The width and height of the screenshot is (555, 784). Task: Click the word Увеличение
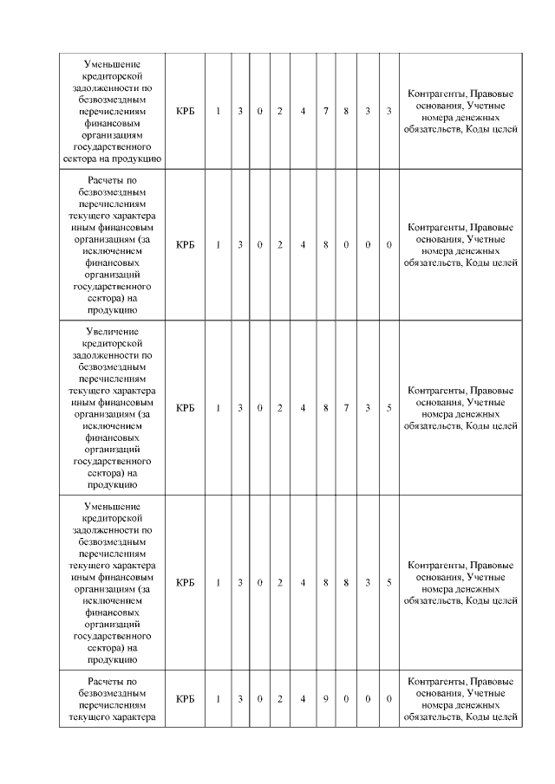(113, 332)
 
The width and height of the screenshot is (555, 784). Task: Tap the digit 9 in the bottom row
(325, 698)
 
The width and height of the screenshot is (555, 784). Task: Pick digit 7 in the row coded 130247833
(325, 112)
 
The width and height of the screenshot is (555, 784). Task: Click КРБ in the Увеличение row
(185, 408)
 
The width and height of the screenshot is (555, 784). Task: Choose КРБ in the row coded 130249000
(185, 698)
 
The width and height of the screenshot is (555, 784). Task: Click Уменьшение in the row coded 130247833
(113, 64)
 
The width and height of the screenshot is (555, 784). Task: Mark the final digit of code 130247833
(389, 112)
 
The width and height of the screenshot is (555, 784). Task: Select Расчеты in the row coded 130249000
(113, 680)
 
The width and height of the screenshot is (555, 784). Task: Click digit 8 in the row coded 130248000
(325, 245)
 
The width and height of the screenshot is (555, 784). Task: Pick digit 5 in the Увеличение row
(389, 408)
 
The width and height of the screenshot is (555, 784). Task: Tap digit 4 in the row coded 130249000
(303, 698)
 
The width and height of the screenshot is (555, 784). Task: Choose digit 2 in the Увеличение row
(280, 408)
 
